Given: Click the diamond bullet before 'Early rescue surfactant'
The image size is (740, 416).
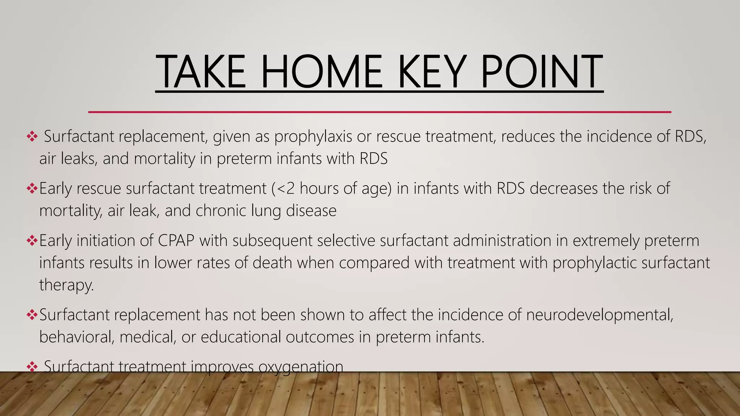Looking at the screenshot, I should (x=32, y=188).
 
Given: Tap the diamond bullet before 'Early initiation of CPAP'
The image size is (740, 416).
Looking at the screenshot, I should (x=32, y=240).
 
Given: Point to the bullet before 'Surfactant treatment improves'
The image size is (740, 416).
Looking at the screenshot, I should (x=32, y=367).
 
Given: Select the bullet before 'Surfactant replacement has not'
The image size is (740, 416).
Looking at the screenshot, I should (x=32, y=315).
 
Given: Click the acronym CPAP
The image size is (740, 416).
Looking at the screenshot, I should (x=176, y=240).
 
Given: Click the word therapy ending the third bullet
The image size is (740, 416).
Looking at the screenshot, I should (x=66, y=285).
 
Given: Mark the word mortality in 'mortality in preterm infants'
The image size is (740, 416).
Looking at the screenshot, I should (x=164, y=159).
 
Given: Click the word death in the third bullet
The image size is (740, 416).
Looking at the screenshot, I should (x=272, y=263).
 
